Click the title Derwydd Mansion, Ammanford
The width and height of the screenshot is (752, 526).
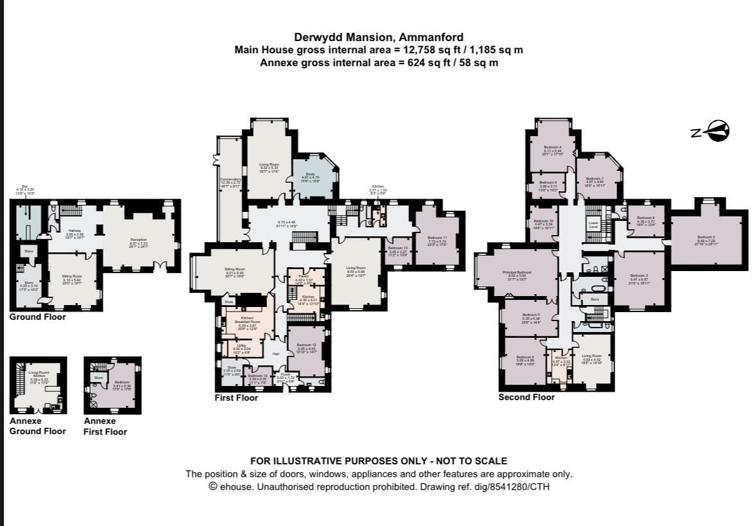(378, 37)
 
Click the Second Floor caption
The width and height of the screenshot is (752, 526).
(526, 397)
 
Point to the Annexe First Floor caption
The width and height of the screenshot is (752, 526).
(105, 426)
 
